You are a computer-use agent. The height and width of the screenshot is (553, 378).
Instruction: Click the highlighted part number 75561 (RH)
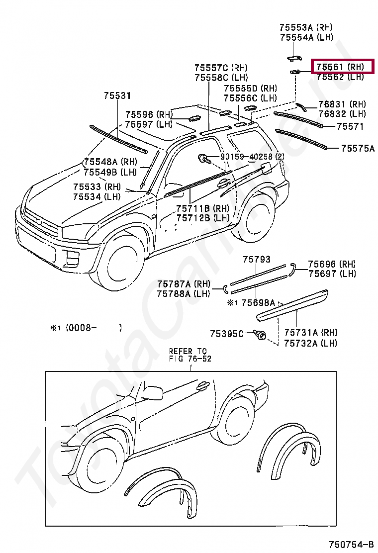coord(341,67)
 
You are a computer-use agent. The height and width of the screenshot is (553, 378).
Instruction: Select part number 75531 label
coord(117,95)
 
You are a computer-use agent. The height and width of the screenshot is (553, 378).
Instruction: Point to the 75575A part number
coord(357,148)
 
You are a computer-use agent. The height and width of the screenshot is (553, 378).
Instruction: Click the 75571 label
coord(350,126)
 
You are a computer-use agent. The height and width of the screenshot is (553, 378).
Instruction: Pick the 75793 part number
coord(257,259)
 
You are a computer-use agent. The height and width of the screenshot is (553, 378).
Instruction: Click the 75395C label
coord(227,333)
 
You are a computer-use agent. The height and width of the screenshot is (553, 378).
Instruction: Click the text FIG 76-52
coord(190,359)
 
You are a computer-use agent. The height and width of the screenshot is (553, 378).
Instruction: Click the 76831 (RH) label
coord(342,104)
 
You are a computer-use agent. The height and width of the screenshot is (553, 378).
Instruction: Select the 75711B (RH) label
coord(202,208)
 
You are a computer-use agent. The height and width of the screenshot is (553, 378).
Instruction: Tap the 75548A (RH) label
coord(110,162)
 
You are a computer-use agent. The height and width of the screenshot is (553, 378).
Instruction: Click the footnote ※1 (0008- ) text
coord(85,328)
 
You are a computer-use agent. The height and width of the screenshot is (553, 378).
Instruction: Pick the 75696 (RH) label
coord(332,264)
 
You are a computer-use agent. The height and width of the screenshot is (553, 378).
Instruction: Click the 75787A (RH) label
coord(184,284)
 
